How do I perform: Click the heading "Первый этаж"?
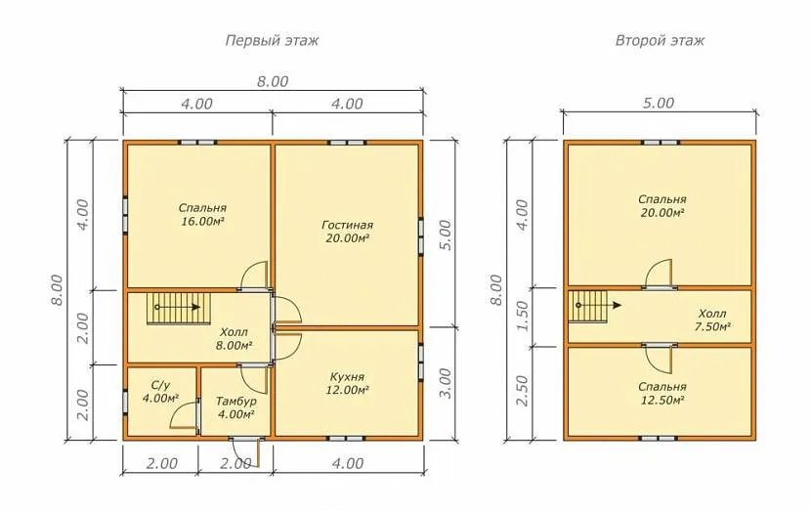[272, 40]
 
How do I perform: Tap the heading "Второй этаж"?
[660, 40]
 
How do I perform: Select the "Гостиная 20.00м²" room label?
[347, 232]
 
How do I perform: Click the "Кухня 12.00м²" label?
[347, 383]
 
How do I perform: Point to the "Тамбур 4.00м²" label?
[235, 407]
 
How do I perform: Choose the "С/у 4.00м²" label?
[161, 392]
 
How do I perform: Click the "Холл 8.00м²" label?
[234, 339]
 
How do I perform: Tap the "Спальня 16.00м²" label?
[202, 215]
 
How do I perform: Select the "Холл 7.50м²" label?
[712, 320]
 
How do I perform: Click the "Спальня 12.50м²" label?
[662, 394]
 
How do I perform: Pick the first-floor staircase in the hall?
[179, 309]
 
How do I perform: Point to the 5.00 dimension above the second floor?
[659, 103]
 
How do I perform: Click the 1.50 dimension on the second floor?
[523, 316]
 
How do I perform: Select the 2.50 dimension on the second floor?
[523, 392]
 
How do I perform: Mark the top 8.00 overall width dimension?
[273, 82]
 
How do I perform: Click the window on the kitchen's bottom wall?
[347, 438]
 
